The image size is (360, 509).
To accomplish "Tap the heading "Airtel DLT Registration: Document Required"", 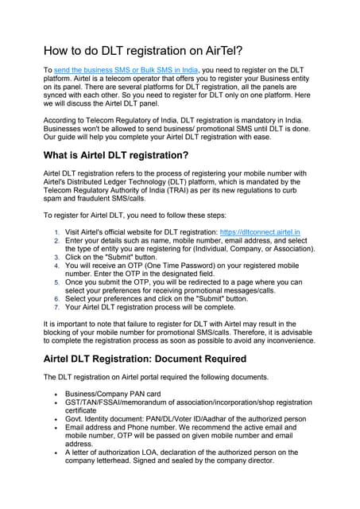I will tap(145, 359).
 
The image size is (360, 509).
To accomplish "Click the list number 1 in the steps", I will tap(56, 231).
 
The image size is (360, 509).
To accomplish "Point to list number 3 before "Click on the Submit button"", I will tap(56, 258).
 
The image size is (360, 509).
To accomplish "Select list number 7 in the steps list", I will tap(56, 306).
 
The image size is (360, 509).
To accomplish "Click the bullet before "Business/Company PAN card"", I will tap(55, 394).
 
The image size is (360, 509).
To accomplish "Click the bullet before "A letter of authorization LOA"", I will tap(55, 452).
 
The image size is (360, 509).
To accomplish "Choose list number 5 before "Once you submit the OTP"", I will tap(56, 282).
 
